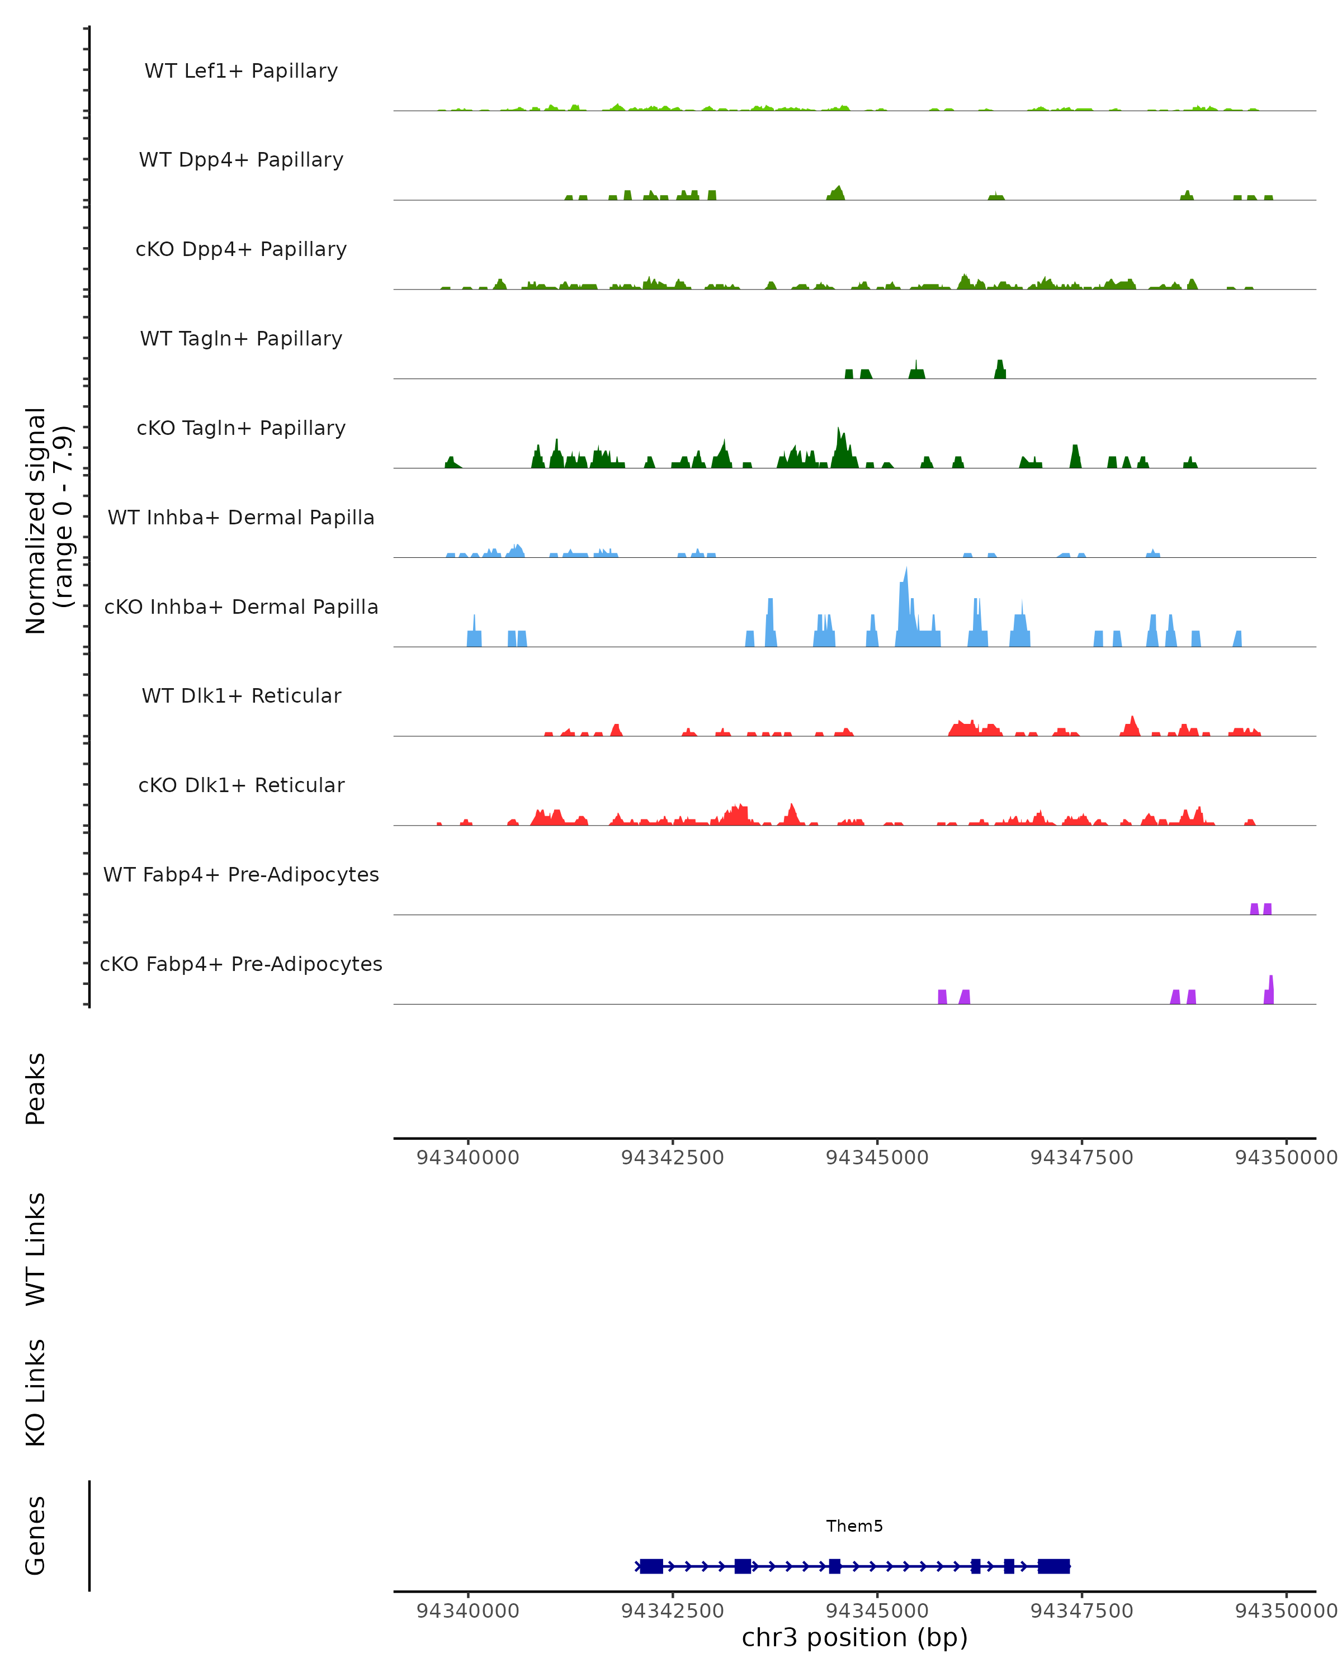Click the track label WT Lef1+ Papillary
pyautogui.click(x=241, y=71)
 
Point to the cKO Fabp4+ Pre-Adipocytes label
pyautogui.click(x=241, y=964)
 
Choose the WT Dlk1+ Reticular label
pyautogui.click(x=241, y=695)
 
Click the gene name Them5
pyautogui.click(x=854, y=1526)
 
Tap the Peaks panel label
pyautogui.click(x=36, y=1089)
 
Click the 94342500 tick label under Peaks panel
pyautogui.click(x=672, y=1158)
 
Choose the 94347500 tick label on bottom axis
pyautogui.click(x=1081, y=1611)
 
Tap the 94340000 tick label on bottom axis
pyautogui.click(x=467, y=1611)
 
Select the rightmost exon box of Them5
pyautogui.click(x=1054, y=1566)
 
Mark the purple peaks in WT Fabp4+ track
pyautogui.click(x=1260, y=908)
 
